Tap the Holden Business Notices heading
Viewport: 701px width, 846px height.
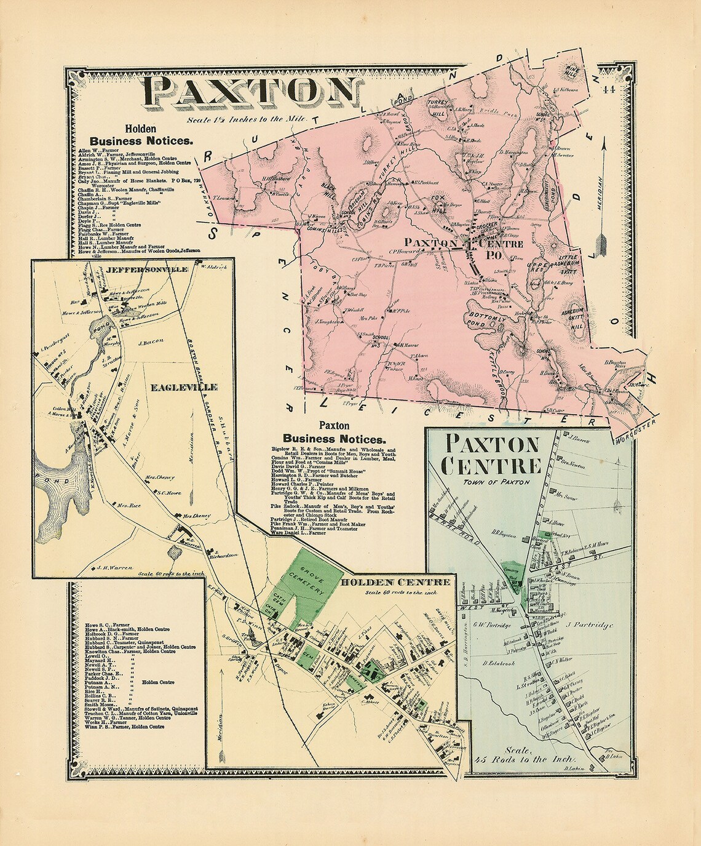pyautogui.click(x=141, y=135)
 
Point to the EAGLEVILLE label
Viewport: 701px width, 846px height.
pyautogui.click(x=183, y=388)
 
